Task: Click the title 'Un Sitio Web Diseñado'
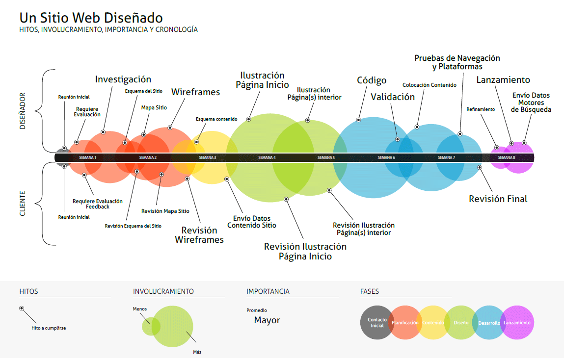coord(91,18)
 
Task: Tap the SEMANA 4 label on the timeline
coord(267,157)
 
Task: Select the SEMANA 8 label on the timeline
coord(507,157)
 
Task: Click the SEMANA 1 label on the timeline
coord(88,157)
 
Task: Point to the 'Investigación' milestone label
coord(123,79)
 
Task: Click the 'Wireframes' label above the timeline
coord(195,92)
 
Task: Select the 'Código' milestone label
coord(372,80)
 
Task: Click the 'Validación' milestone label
coord(393,97)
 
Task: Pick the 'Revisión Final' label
coord(498,199)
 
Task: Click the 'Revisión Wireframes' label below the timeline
coord(199,235)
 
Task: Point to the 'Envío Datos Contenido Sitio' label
coord(252,222)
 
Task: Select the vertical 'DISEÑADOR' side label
coord(23,111)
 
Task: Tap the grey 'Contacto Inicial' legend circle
coord(377,323)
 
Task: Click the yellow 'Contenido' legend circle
coord(433,323)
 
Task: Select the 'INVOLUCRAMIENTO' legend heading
coord(163,291)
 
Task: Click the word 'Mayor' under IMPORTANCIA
coord(267,320)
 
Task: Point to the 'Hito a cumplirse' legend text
coord(45,328)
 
